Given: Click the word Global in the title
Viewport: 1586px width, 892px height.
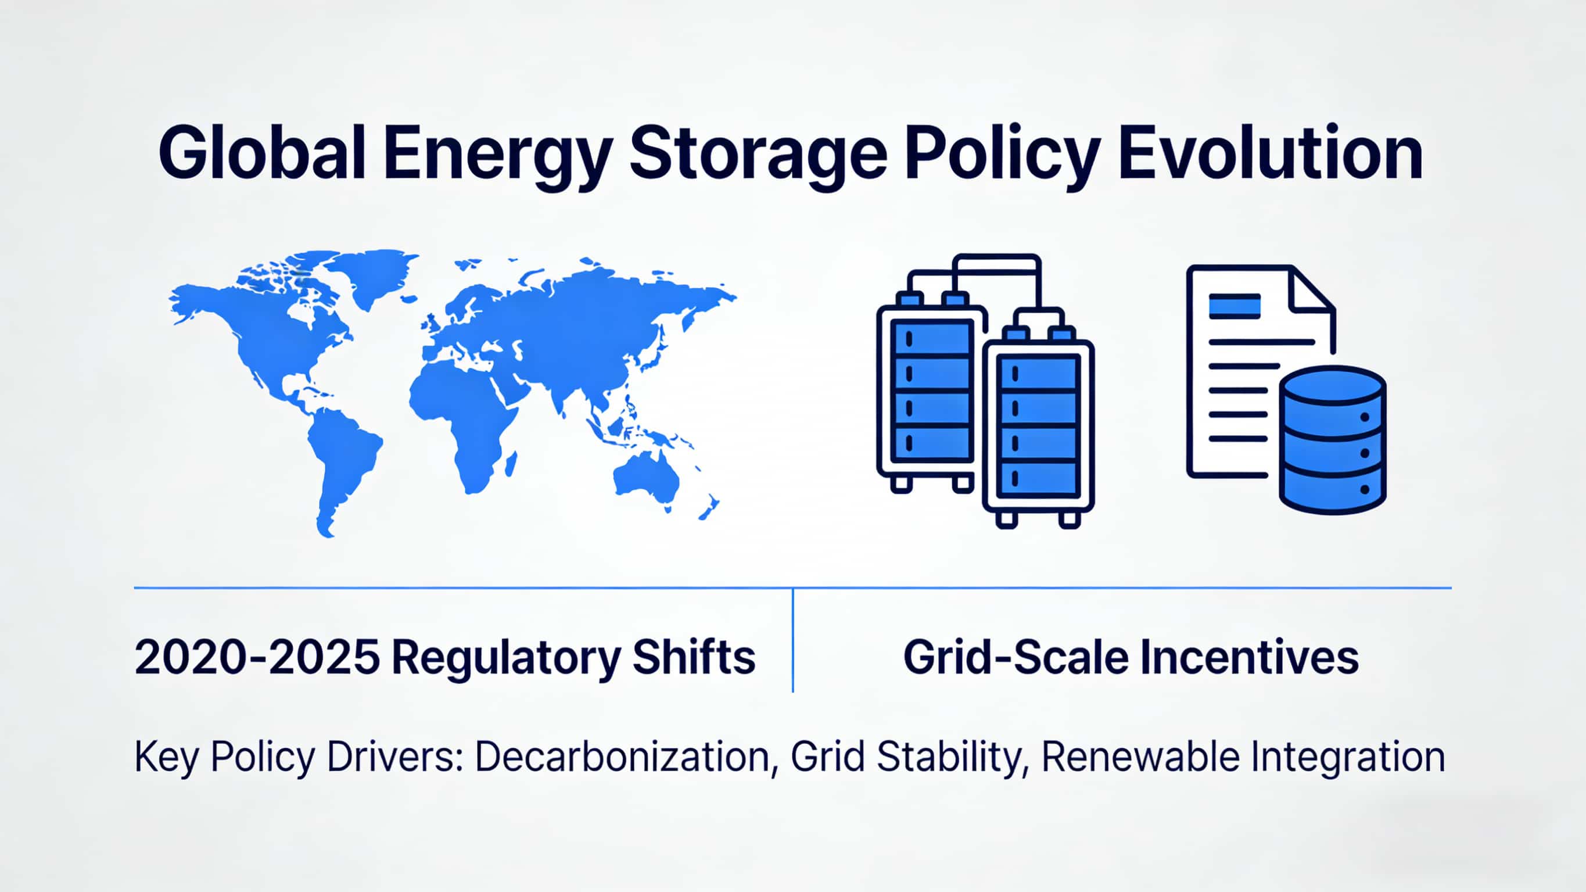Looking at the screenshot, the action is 262,152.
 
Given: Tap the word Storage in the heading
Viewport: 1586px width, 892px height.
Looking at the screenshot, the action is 758,157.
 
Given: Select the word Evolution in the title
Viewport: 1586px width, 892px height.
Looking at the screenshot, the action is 1270,152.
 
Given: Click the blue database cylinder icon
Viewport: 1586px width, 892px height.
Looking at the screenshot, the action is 1333,440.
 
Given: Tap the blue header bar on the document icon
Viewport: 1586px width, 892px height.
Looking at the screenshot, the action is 1235,306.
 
